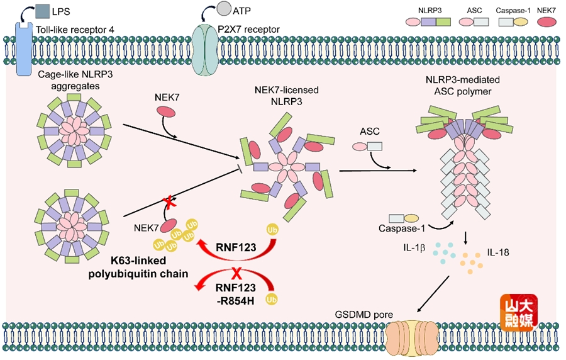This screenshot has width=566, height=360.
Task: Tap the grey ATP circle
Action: click(x=223, y=9)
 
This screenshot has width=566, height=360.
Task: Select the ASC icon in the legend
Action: click(x=471, y=21)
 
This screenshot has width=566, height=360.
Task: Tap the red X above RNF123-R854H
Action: click(x=238, y=275)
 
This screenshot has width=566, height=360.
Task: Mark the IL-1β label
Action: click(x=416, y=248)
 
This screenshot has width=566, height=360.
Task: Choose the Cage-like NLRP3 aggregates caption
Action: click(x=61, y=80)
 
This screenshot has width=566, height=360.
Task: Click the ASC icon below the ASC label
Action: click(x=367, y=147)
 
